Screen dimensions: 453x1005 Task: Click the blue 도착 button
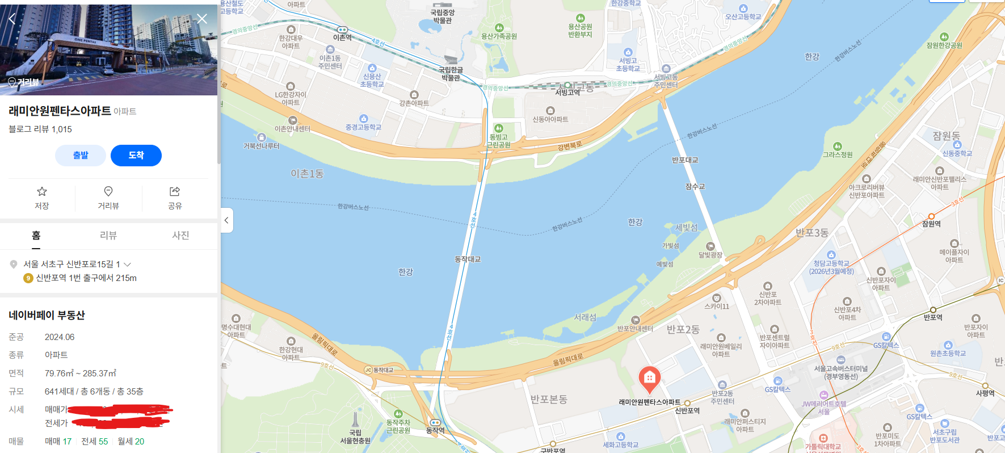click(136, 156)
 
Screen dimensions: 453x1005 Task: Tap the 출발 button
click(81, 156)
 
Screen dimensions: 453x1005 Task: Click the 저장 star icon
click(42, 192)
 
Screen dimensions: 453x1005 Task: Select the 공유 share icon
click(175, 192)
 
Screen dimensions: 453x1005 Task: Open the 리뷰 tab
click(108, 236)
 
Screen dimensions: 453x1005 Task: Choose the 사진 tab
click(180, 236)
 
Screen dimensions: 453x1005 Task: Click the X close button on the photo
click(202, 19)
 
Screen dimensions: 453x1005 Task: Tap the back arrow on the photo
click(12, 19)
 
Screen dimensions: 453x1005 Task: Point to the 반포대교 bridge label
click(685, 160)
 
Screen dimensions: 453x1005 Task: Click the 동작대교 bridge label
click(468, 259)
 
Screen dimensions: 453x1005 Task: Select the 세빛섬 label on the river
click(687, 228)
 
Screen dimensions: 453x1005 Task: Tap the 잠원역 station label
click(931, 224)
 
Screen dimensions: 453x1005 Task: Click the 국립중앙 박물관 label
click(442, 16)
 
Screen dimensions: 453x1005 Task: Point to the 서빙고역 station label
click(567, 92)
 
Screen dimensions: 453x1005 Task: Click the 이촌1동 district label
click(307, 174)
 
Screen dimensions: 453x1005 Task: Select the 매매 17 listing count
click(58, 442)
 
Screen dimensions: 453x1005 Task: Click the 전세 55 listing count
click(95, 442)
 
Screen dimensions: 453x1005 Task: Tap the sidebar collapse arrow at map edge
click(226, 220)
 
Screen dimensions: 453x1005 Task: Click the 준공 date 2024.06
click(60, 337)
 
